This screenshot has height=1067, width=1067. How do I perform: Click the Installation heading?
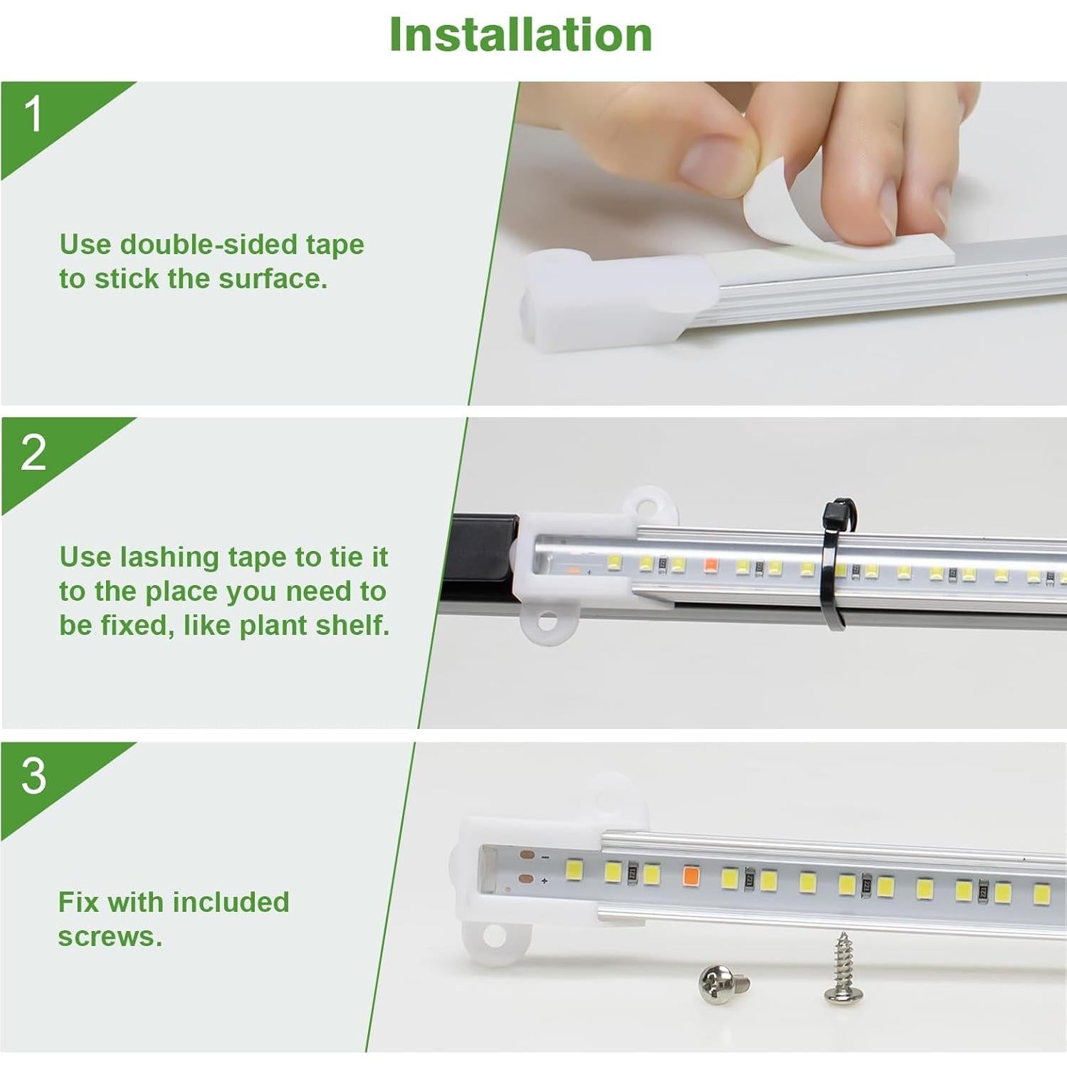click(x=520, y=34)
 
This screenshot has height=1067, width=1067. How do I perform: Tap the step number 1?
click(x=33, y=115)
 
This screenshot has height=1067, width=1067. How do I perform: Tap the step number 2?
click(x=33, y=452)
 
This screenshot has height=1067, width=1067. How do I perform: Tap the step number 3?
click(x=33, y=776)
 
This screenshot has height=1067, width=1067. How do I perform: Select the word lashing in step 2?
click(x=169, y=557)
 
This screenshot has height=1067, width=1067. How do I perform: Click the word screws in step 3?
click(x=109, y=937)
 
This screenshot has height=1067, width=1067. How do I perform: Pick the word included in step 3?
click(x=234, y=903)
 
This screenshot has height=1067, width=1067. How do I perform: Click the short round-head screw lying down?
click(x=722, y=984)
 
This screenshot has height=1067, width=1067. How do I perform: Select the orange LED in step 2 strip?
click(x=710, y=566)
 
